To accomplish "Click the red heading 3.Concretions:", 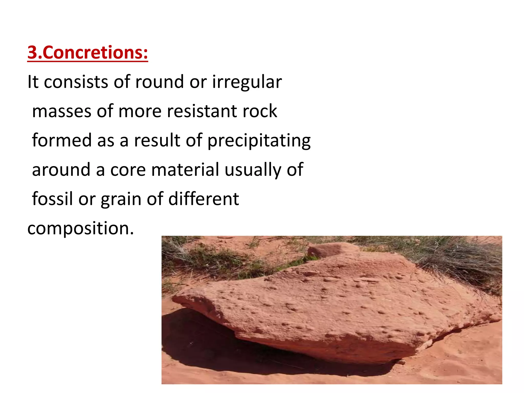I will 88,52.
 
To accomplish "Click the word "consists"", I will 76,82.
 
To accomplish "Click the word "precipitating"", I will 259,141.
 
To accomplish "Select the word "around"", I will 61,170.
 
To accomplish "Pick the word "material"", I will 185,170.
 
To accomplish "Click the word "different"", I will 204,199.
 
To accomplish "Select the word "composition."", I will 81,228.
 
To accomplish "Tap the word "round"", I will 159,82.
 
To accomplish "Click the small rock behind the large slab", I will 330,249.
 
